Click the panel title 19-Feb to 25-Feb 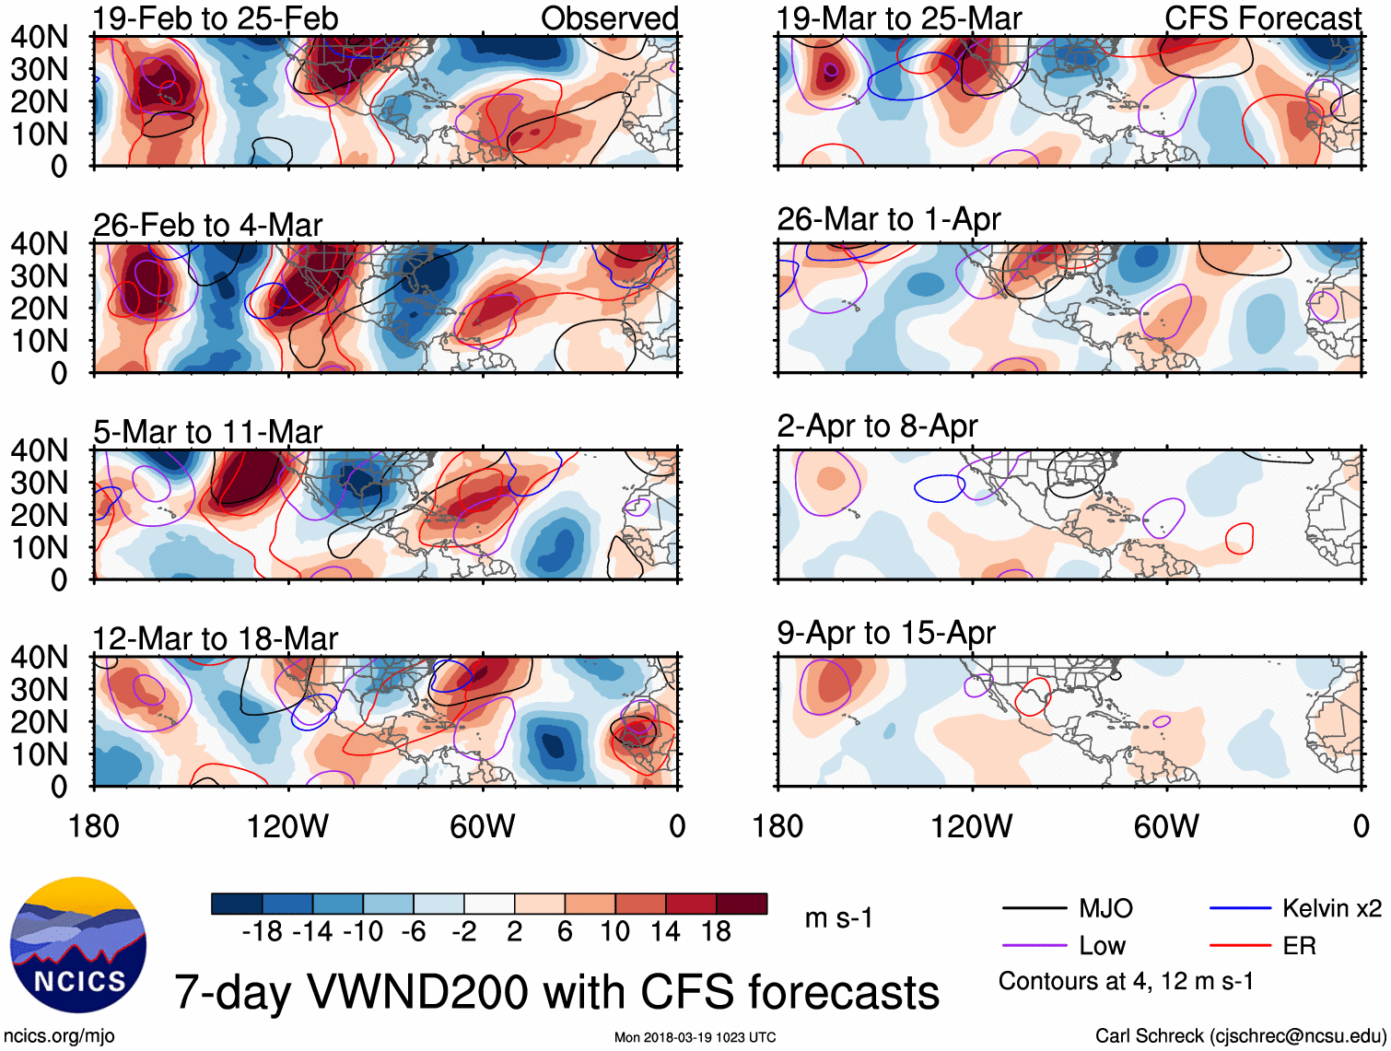coord(216,18)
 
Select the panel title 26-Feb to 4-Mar coord(207,225)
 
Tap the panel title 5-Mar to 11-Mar coord(207,432)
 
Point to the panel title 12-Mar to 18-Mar coord(215,638)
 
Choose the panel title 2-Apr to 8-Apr coord(877,426)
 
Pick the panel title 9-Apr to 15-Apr coord(886,633)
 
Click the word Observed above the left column coord(609,18)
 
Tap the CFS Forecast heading coord(1262,18)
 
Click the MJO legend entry coord(1105,909)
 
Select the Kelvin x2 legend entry coord(1331,909)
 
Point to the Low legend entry coord(1102,946)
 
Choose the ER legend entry coord(1299,946)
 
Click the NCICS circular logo coord(78,945)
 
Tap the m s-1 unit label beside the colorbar coord(838,918)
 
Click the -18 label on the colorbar coord(263,932)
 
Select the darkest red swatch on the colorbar coord(742,904)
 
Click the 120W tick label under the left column coord(287,826)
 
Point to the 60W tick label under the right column coord(1166,826)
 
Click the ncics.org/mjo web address coord(59,1036)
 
